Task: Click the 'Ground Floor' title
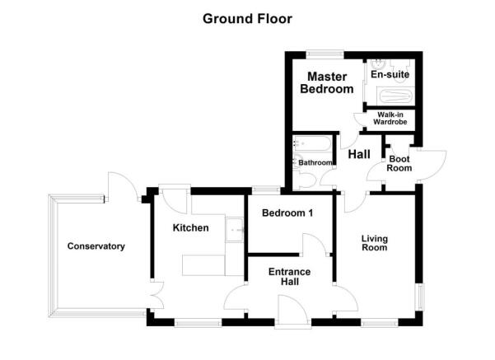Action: [x=247, y=18]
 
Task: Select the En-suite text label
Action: [x=390, y=75]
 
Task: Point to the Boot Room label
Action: [x=399, y=163]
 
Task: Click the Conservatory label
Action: [x=96, y=246]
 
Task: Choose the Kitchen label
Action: [x=190, y=228]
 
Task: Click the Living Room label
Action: [x=375, y=243]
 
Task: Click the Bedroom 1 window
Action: [x=264, y=189]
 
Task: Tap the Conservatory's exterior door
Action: [x=119, y=185]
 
